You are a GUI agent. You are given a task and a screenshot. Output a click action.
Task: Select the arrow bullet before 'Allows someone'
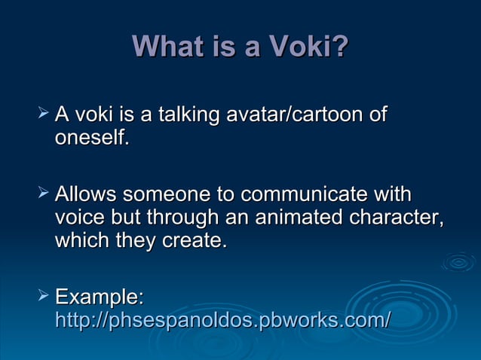(42, 194)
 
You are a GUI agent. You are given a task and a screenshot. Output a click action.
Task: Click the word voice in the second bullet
(81, 218)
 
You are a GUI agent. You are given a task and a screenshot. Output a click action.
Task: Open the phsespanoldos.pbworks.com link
(222, 319)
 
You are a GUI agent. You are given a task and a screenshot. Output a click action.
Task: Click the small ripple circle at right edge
(458, 262)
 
